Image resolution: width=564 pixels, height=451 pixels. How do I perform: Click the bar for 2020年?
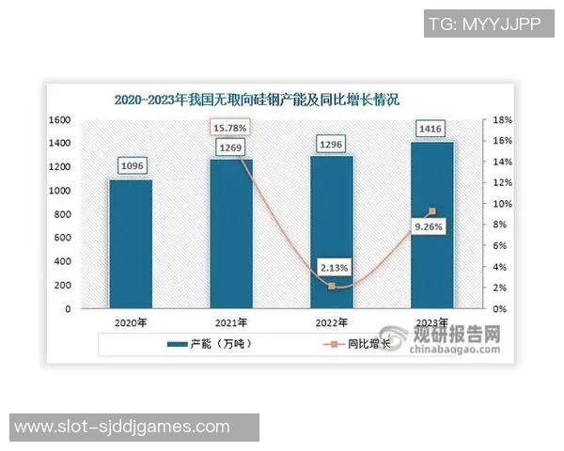pyautogui.click(x=130, y=243)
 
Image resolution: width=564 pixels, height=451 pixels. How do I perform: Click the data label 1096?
pyautogui.click(x=131, y=166)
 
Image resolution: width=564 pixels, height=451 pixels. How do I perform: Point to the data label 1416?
pyautogui.click(x=433, y=129)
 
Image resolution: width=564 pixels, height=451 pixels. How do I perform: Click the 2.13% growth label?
pyautogui.click(x=333, y=268)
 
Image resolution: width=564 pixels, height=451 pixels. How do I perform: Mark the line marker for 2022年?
pyautogui.click(x=332, y=286)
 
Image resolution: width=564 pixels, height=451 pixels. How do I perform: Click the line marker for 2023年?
pyautogui.click(x=432, y=211)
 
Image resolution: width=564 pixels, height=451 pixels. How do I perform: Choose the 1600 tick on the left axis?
pyautogui.click(x=61, y=120)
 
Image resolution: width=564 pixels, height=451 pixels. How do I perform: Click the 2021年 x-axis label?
pyautogui.click(x=230, y=321)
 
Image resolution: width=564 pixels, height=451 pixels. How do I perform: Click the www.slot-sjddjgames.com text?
pyautogui.click(x=122, y=427)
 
